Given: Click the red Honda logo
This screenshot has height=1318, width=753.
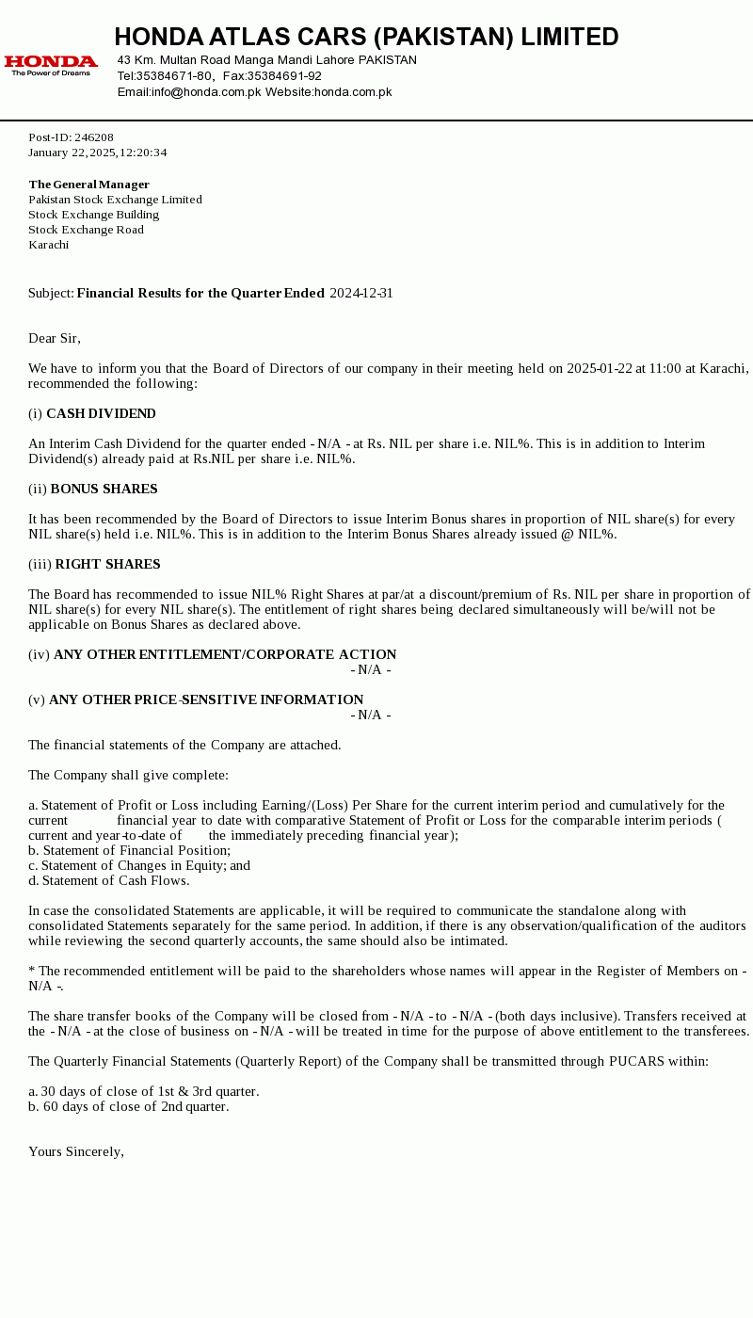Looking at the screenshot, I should (x=51, y=64).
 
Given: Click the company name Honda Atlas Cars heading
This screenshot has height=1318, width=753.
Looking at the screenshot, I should (x=366, y=38).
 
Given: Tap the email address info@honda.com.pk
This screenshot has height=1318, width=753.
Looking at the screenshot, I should (x=206, y=92).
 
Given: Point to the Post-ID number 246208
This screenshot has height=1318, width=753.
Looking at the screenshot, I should (x=94, y=137).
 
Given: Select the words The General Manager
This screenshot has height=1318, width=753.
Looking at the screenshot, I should (x=89, y=185).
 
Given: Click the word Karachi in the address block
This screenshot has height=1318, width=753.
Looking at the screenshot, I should (x=49, y=245).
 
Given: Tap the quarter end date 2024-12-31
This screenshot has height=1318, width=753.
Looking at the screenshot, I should (x=361, y=294).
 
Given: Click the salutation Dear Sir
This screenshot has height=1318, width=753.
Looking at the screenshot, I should (x=55, y=339).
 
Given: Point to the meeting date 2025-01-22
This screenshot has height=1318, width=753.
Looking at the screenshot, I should (x=600, y=368).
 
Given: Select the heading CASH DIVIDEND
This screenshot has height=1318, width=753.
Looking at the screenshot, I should (x=101, y=414).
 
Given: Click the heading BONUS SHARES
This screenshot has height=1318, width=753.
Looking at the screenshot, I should (x=104, y=490).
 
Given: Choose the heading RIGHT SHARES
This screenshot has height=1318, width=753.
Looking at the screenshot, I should (x=107, y=565).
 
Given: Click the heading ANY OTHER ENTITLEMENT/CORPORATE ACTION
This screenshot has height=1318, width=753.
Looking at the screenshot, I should (x=225, y=655).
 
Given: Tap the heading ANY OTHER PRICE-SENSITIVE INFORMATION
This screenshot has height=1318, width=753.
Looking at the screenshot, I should (x=206, y=700).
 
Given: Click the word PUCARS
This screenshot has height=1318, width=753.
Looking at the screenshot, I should (x=637, y=1062).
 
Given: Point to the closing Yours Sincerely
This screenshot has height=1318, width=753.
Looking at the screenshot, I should (x=76, y=1152).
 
